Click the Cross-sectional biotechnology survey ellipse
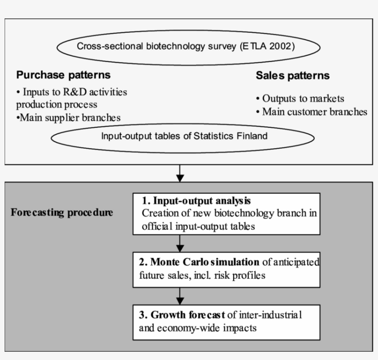pyautogui.click(x=188, y=47)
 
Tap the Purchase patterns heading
pyautogui.click(x=64, y=75)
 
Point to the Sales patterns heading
pyautogui.click(x=293, y=76)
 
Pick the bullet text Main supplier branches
pyautogui.click(x=68, y=118)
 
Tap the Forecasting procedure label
pyautogui.click(x=62, y=213)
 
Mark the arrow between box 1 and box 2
pyautogui.click(x=180, y=243)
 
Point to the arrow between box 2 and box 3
pyautogui.click(x=180, y=295)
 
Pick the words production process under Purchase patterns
pyautogui.click(x=57, y=105)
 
